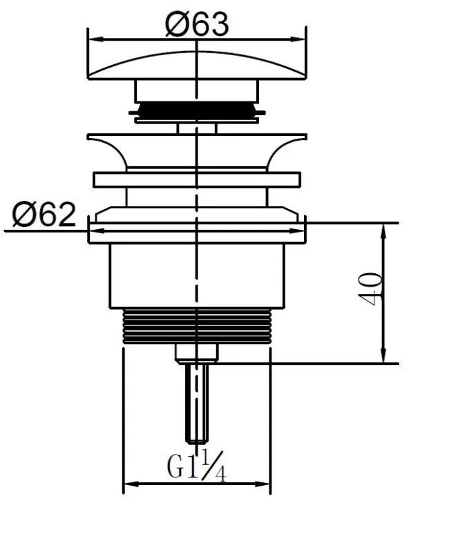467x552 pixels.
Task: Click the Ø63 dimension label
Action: (197, 25)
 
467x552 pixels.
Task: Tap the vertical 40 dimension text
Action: (371, 290)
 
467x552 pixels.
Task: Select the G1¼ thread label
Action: (196, 467)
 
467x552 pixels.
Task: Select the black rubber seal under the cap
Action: (197, 109)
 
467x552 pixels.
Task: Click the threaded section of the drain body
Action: (197, 326)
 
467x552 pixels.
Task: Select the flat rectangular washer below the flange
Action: (197, 179)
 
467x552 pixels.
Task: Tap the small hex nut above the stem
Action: (197, 353)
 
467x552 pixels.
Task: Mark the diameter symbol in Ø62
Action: (25, 216)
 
